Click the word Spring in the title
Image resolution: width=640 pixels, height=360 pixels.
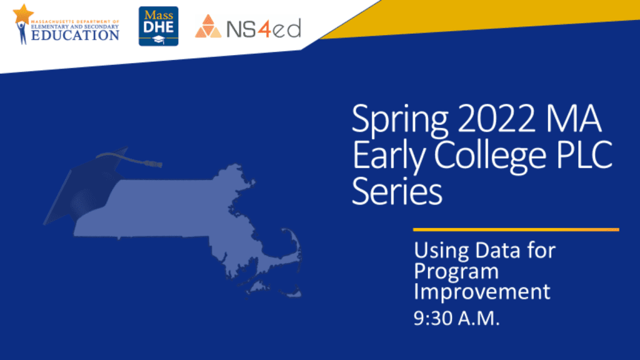(399, 121)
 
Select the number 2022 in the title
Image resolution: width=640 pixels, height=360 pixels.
(496, 118)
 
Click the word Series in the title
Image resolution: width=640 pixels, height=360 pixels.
(397, 191)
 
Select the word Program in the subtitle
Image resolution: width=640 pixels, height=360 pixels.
(456, 272)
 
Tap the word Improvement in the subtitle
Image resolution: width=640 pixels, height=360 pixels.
(482, 291)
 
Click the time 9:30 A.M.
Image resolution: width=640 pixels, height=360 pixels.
(457, 318)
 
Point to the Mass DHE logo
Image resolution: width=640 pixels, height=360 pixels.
(158, 26)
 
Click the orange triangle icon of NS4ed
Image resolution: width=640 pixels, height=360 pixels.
(208, 26)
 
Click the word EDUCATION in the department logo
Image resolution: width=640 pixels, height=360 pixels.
(75, 35)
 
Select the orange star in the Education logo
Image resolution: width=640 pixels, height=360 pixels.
(23, 14)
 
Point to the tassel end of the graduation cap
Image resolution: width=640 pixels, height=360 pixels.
(157, 164)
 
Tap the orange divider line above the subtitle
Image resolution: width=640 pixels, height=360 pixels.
(516, 230)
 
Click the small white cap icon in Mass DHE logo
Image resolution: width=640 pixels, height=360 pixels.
(158, 40)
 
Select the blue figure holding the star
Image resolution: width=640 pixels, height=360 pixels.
(22, 32)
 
